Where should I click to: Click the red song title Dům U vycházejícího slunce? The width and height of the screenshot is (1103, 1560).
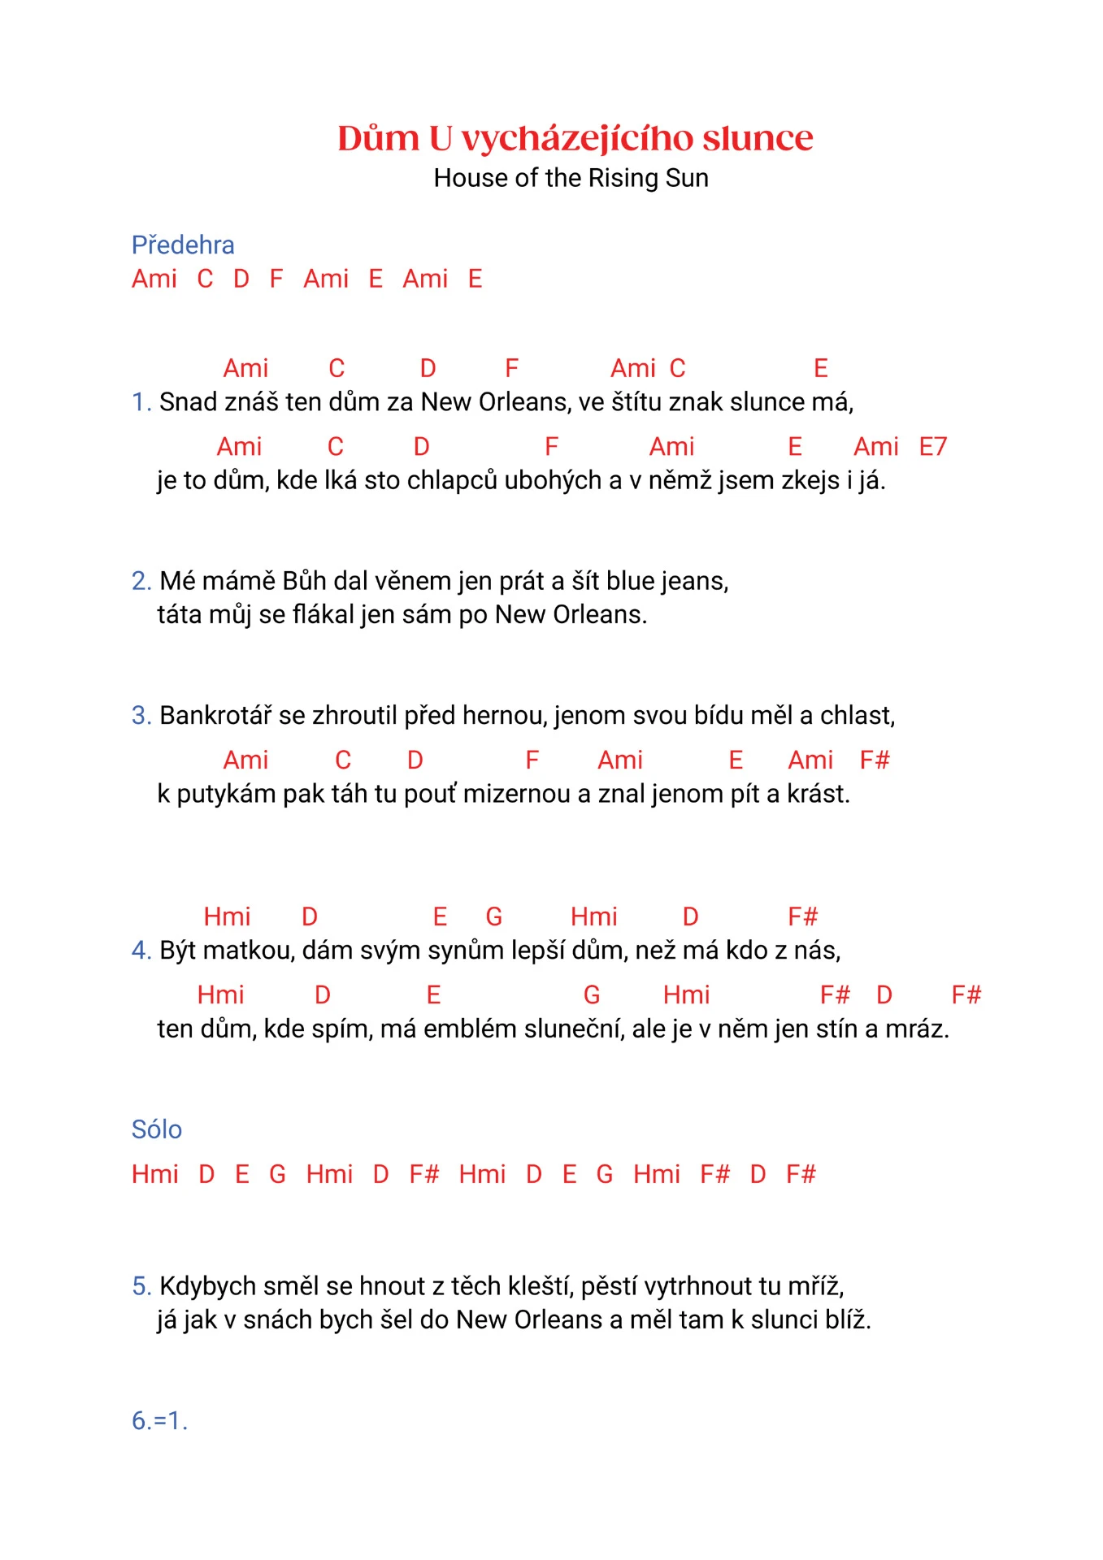(575, 138)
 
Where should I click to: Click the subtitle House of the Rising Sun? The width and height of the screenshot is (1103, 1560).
(571, 178)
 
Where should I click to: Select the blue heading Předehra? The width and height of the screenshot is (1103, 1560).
(183, 245)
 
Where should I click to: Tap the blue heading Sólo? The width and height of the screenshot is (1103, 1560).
(157, 1129)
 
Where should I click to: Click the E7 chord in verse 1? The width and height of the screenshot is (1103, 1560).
(933, 447)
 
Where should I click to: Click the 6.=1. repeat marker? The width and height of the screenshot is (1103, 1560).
(159, 1421)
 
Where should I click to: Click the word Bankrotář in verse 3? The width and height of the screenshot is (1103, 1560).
(215, 716)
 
